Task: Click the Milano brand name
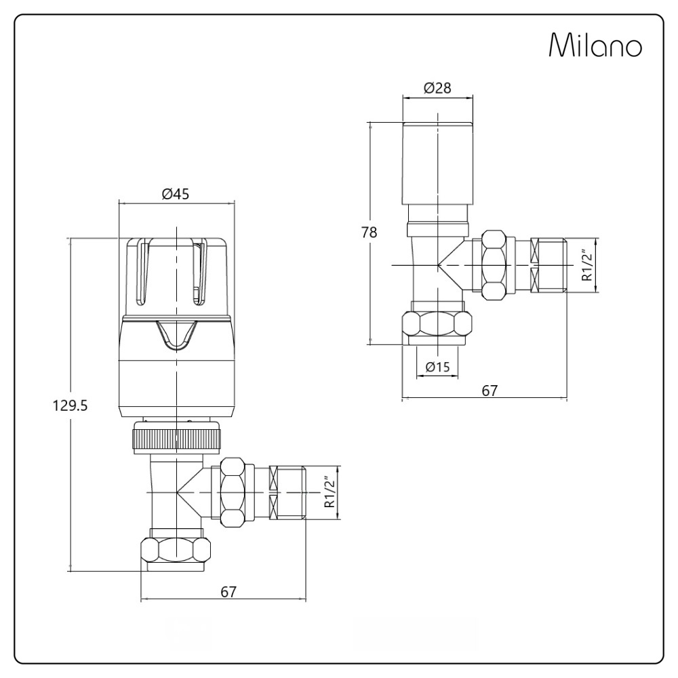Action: point(595,46)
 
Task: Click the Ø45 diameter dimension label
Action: point(176,194)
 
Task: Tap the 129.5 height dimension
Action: point(71,405)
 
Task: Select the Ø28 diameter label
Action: point(437,88)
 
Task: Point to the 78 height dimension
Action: point(370,232)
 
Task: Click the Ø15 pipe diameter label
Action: point(437,367)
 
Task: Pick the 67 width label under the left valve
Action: point(228,591)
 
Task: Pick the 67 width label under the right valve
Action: point(490,391)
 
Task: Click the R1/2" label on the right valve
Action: point(587,265)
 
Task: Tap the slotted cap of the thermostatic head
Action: point(176,271)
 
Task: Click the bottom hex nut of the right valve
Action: point(437,325)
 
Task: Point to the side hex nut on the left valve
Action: point(233,492)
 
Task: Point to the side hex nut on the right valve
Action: point(495,264)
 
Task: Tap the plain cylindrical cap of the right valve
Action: point(437,163)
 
